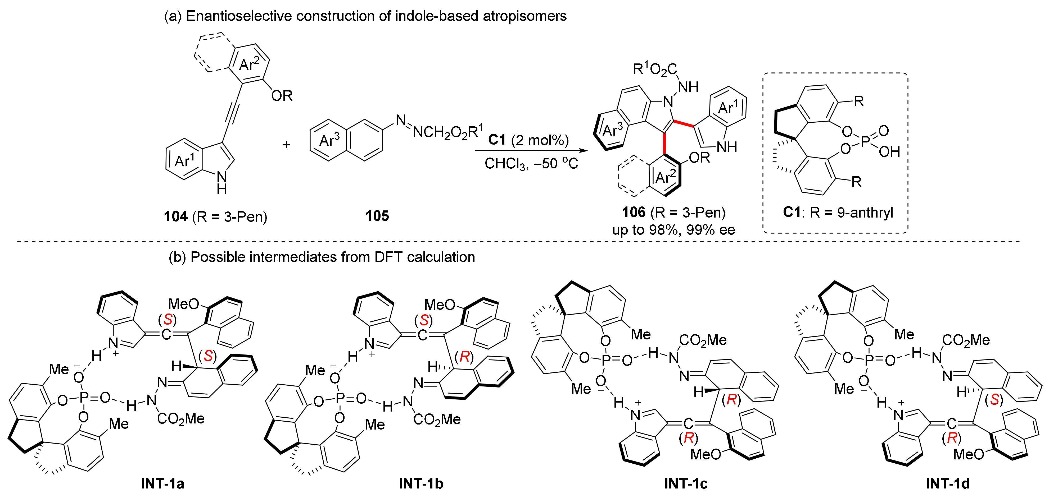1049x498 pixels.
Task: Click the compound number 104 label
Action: pyautogui.click(x=175, y=216)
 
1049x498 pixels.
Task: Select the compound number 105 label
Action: pyautogui.click(x=377, y=216)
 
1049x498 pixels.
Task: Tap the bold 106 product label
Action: pyautogui.click(x=634, y=212)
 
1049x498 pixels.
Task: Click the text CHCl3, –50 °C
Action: pyautogui.click(x=531, y=164)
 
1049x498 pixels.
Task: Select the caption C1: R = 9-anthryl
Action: pyautogui.click(x=838, y=212)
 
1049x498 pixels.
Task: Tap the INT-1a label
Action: pyautogui.click(x=162, y=483)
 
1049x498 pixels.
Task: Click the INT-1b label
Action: pyautogui.click(x=421, y=483)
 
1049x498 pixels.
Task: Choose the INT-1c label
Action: pyautogui.click(x=686, y=483)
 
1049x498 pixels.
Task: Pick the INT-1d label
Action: pyautogui.click(x=948, y=483)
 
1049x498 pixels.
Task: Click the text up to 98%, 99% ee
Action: pyautogui.click(x=673, y=230)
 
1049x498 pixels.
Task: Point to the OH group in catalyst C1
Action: pyautogui.click(x=889, y=152)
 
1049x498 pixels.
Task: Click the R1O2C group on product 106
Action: pyautogui.click(x=654, y=69)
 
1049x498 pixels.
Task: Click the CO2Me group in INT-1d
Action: pyautogui.click(x=966, y=340)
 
